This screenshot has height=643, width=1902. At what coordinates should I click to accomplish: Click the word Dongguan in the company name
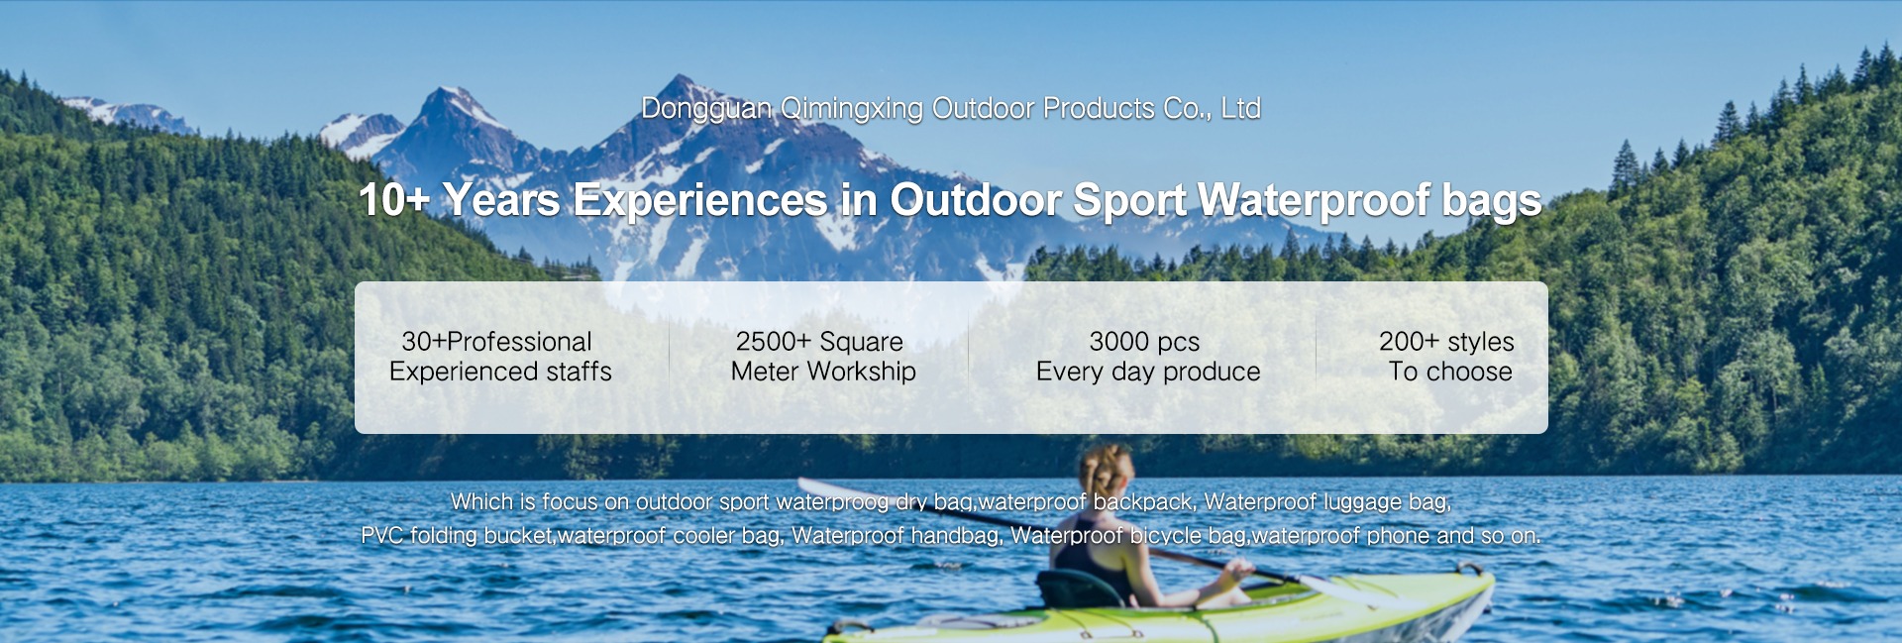[x=706, y=109]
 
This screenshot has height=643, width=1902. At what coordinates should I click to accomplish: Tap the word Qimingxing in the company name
[x=853, y=109]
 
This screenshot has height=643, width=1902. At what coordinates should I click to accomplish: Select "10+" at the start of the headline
[x=394, y=200]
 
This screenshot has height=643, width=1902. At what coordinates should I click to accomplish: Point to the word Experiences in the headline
[x=700, y=201]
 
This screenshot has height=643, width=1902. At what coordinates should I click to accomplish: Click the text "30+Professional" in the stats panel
[x=497, y=342]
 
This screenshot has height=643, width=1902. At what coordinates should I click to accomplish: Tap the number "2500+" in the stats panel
[x=773, y=342]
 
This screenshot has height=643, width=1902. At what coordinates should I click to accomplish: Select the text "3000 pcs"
[x=1144, y=343]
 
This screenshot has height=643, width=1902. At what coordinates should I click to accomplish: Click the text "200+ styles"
[x=1446, y=342]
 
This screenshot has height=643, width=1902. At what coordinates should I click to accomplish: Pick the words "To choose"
[x=1450, y=372]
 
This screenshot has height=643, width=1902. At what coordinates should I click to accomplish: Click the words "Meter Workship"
[x=823, y=373]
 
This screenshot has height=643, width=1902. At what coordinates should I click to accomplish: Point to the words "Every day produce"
[x=1148, y=373]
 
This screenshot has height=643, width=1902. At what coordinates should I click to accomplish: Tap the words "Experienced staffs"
[x=500, y=373]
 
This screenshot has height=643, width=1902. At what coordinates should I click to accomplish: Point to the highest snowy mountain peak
[x=679, y=79]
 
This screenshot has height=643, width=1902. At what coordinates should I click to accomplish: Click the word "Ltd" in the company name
[x=1240, y=109]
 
